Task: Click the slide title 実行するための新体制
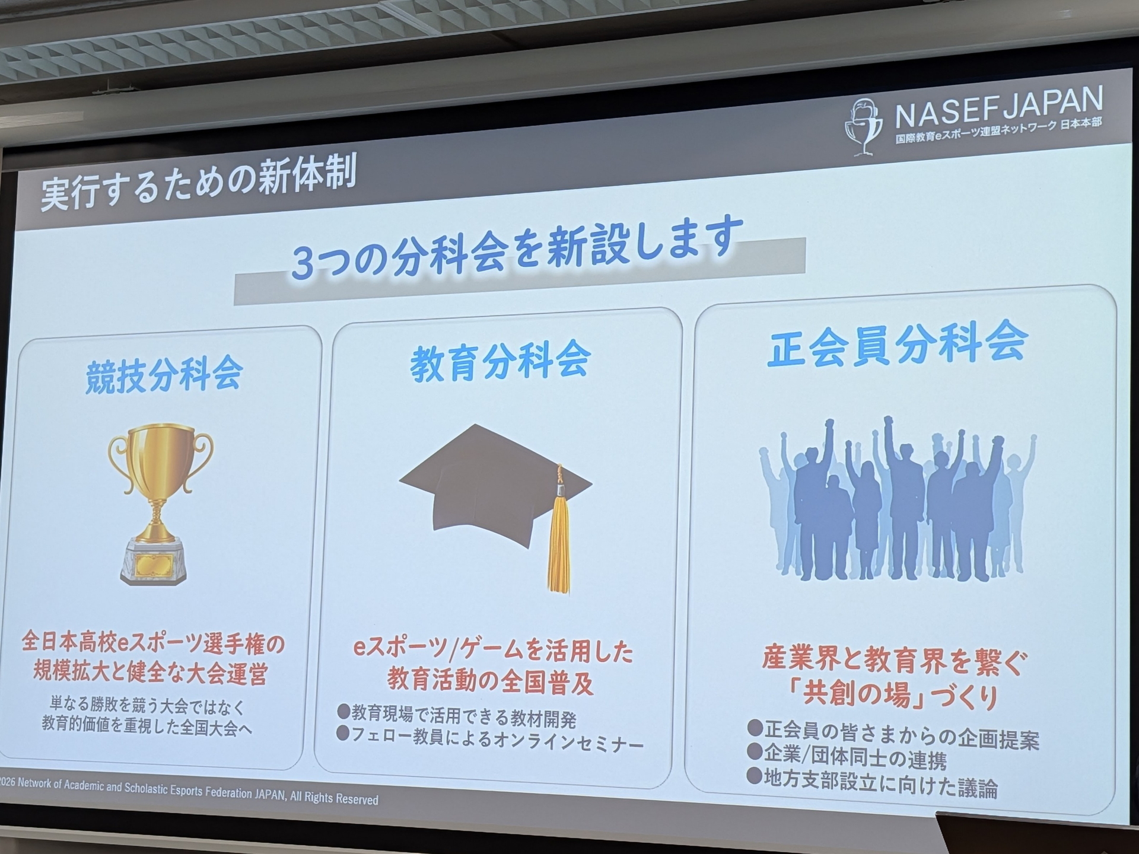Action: (x=199, y=182)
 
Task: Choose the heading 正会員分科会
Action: (x=896, y=343)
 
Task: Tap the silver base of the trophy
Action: (x=154, y=561)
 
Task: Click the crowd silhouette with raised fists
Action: (x=895, y=501)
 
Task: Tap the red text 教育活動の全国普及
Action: (x=490, y=681)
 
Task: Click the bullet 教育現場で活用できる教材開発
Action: (x=463, y=716)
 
